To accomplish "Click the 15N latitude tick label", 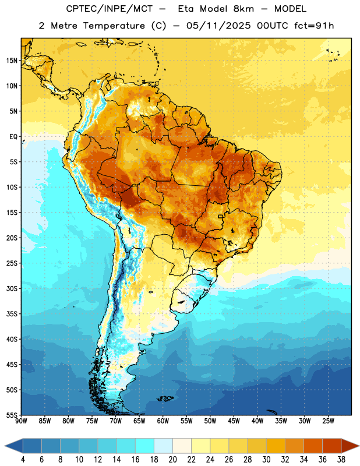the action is (x=12, y=61).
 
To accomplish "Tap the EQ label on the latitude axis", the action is (x=13, y=137).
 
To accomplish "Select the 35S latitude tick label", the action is (x=12, y=314).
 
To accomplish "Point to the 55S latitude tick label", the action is (x=12, y=415).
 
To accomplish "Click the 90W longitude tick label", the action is (x=21, y=421).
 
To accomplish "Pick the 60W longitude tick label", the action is (x=163, y=421).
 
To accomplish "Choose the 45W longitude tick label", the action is (x=234, y=421).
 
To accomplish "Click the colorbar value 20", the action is (x=172, y=460).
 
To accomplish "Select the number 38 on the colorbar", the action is (x=341, y=460).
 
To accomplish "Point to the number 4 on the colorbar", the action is (x=23, y=460).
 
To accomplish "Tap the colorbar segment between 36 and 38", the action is (x=332, y=446).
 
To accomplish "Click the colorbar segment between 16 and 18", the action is (x=145, y=446).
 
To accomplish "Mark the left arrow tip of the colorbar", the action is (x=5, y=446).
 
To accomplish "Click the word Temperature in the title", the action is (x=114, y=26).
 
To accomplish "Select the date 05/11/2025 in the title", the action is (x=218, y=26).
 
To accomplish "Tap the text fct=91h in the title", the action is (x=314, y=26).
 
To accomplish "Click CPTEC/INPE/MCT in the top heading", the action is (x=109, y=9).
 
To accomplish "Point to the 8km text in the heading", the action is (x=243, y=9).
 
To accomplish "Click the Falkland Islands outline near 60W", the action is (x=165, y=398).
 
